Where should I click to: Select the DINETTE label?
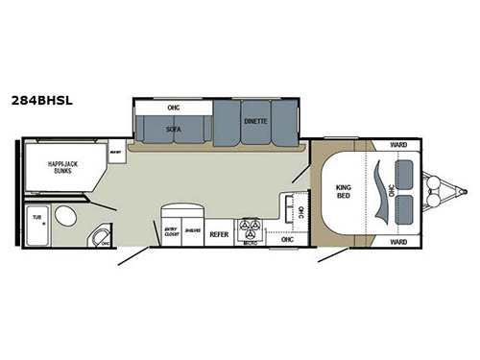[x=255, y=123]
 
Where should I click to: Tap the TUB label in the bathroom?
[x=36, y=217]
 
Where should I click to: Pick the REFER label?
[x=218, y=233]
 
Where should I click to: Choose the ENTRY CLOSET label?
[x=171, y=231]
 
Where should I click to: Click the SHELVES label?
[x=192, y=231]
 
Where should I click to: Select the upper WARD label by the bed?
[x=398, y=145]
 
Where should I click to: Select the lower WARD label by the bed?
[x=398, y=242]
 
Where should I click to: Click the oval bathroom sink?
[x=66, y=216]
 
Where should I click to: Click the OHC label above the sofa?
[x=174, y=107]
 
